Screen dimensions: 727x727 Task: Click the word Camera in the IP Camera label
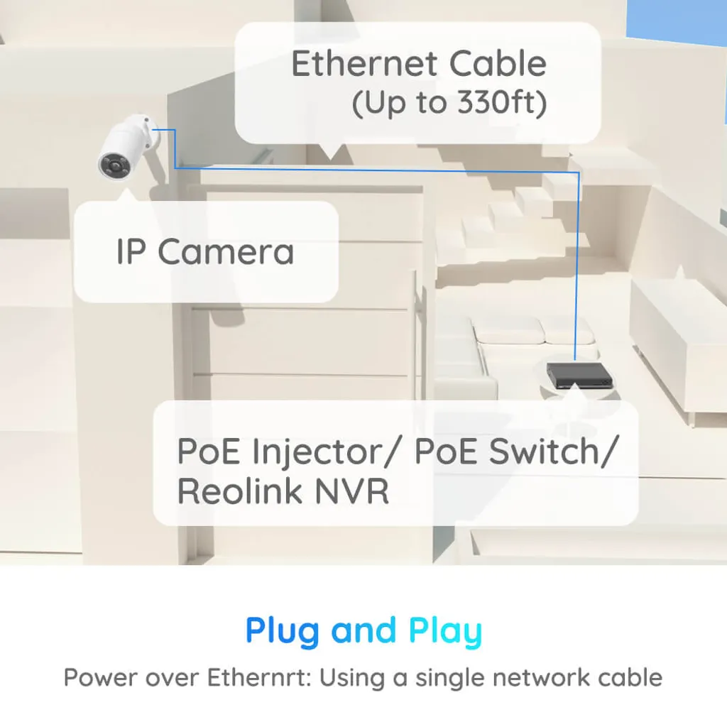pos(226,252)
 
